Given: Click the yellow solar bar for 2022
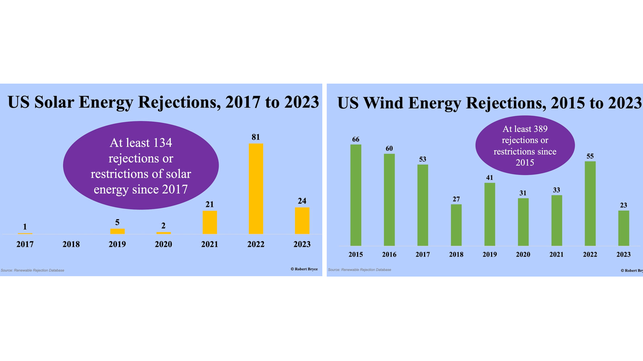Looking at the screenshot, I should coord(256,189).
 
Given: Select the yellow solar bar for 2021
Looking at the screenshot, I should coord(209,222).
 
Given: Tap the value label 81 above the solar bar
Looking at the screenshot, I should coord(256,137).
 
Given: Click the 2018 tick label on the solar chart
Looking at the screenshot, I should coord(71,244).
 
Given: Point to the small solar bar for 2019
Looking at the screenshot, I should coord(117,231).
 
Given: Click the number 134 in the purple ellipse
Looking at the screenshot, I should coord(162,143).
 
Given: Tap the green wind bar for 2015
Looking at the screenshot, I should coord(356,195).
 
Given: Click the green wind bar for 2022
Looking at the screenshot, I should coord(590,203).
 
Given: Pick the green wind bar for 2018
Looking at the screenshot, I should coord(456,225).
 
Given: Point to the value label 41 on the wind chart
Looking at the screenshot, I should coord(489,178).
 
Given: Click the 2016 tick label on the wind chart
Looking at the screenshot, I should coord(389,254).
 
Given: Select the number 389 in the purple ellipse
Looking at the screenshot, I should coord(540,129).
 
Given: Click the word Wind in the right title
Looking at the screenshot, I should coord(384,103).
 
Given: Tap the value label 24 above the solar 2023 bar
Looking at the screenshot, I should coord(302,201).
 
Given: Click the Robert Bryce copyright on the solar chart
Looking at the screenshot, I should coord(304,269).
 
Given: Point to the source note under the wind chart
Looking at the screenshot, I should coord(359,270).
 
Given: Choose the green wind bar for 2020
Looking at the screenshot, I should coord(523,222).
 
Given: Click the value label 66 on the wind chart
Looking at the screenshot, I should coord(356,139).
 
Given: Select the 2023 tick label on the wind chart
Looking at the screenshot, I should coord(623,254).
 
